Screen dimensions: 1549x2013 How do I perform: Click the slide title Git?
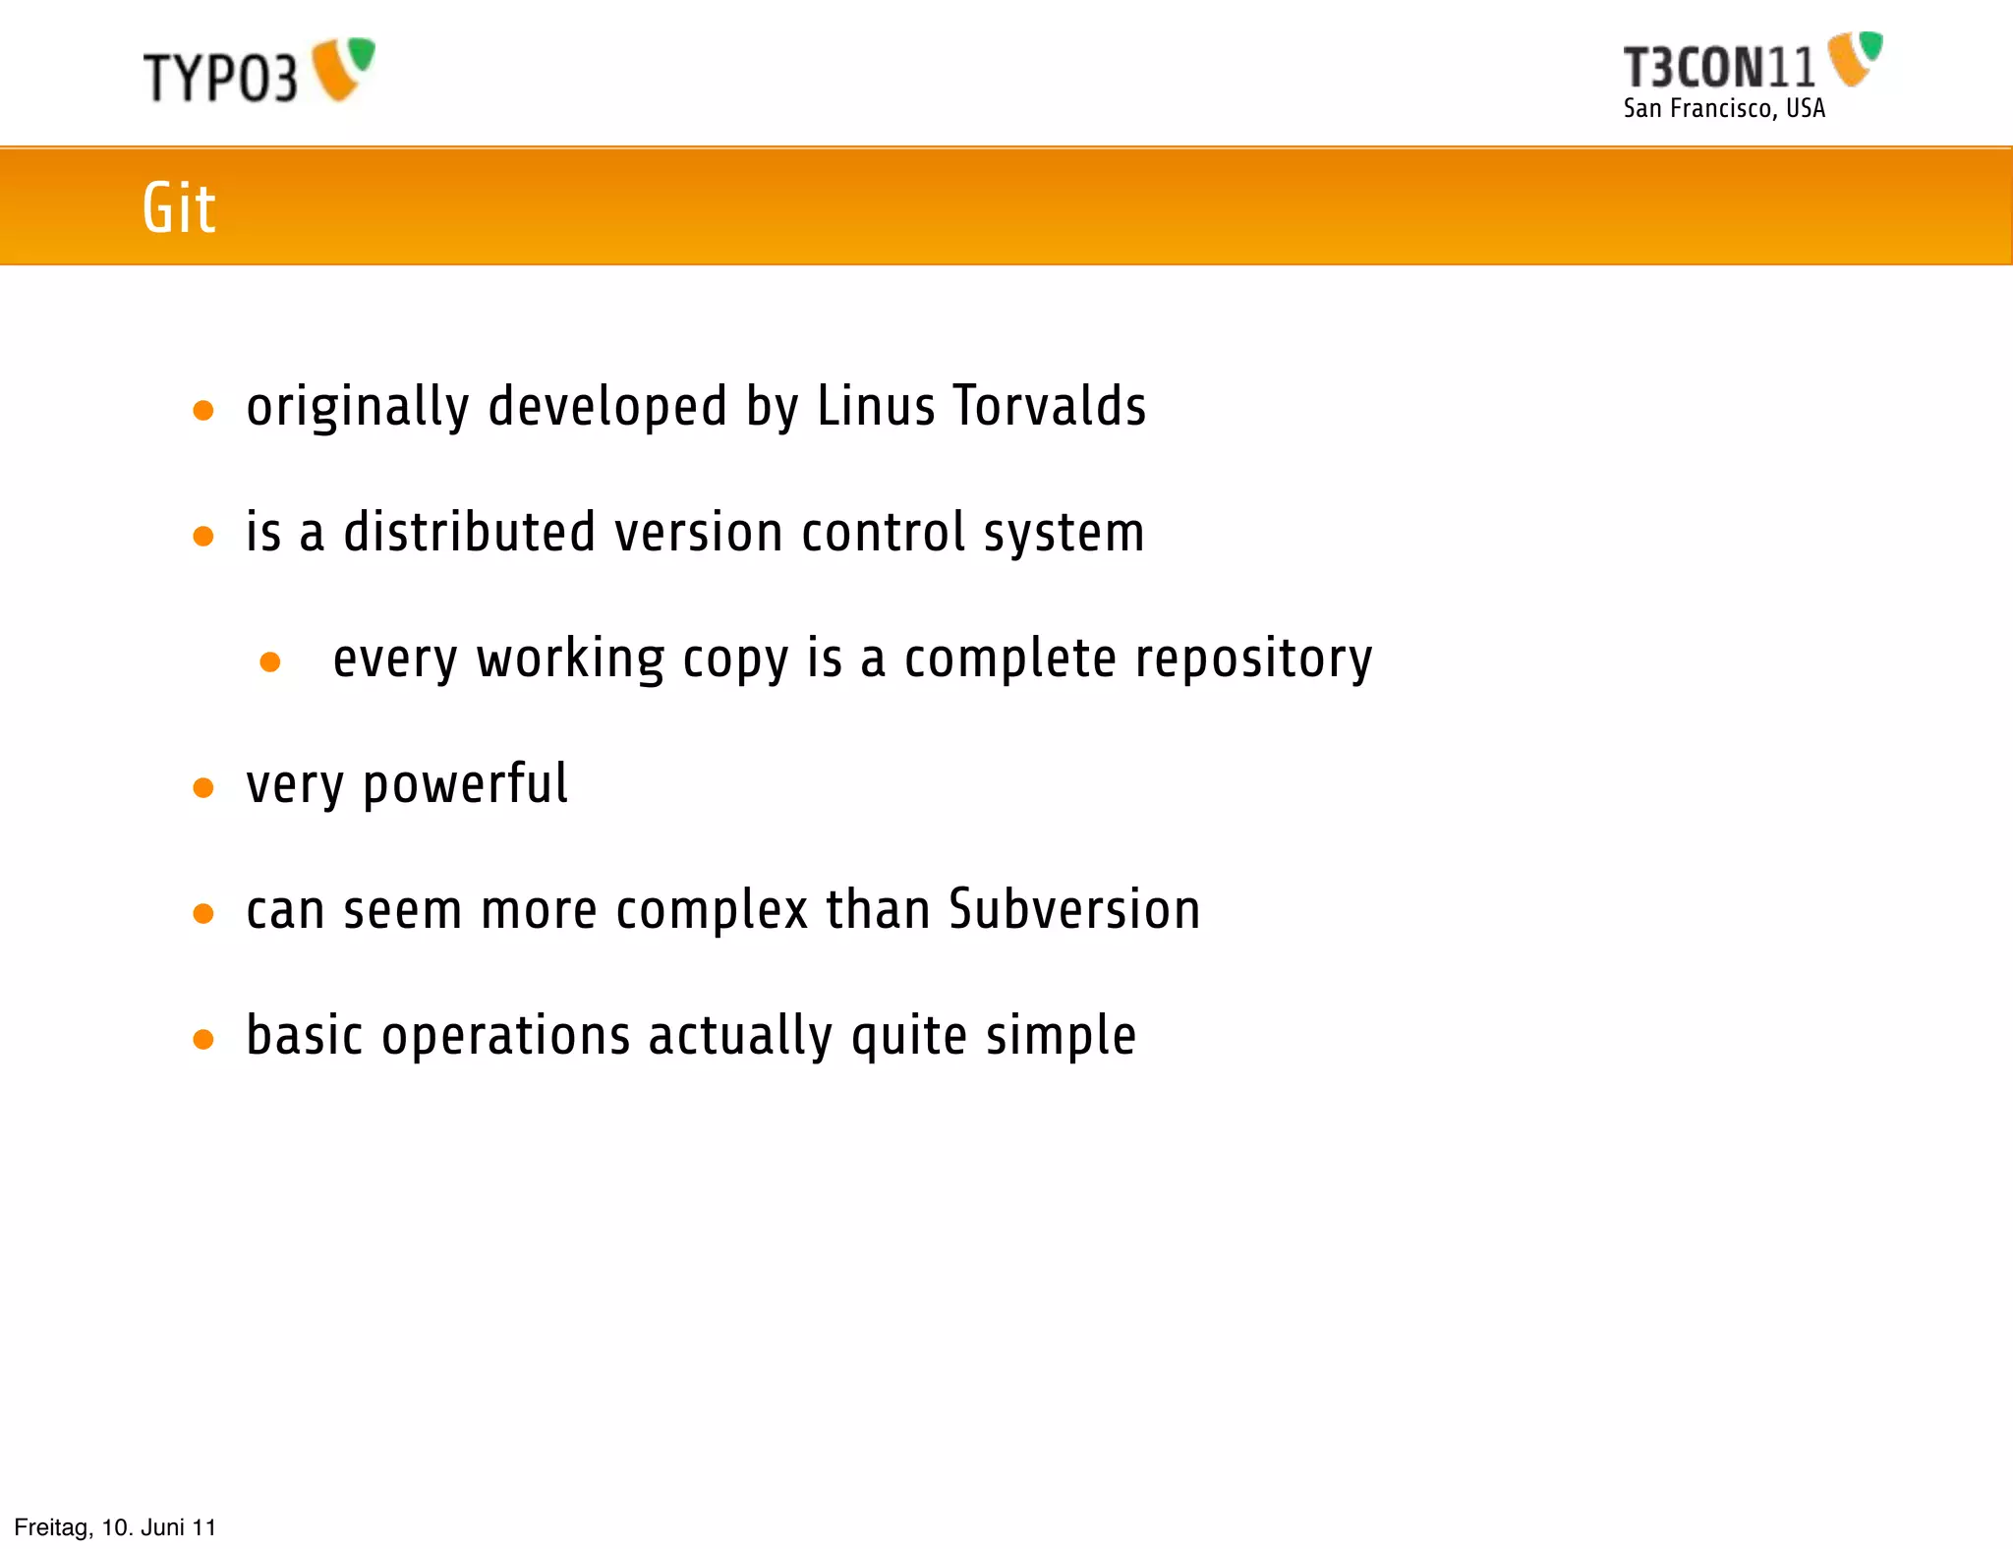click(x=179, y=207)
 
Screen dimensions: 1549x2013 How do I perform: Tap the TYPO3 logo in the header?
click(x=259, y=71)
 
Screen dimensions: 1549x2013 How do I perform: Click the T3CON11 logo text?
click(x=1719, y=68)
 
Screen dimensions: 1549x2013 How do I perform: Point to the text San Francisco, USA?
click(x=1724, y=108)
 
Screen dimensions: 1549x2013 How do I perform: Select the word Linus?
click(x=876, y=406)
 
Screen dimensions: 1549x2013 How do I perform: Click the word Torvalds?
click(x=1050, y=406)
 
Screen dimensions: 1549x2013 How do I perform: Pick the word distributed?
click(x=470, y=532)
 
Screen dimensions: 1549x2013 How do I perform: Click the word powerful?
click(x=466, y=785)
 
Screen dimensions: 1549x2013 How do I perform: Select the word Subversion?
click(x=1074, y=909)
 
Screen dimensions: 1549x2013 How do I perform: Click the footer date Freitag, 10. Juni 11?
click(x=115, y=1527)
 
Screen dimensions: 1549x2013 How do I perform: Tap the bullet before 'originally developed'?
click(x=203, y=410)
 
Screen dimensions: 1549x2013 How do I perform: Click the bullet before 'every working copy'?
click(x=270, y=661)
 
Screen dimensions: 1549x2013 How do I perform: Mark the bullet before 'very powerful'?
click(x=203, y=787)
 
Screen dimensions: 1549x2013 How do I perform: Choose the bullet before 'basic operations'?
click(x=203, y=1039)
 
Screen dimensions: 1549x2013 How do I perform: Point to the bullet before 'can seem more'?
click(x=203, y=913)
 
